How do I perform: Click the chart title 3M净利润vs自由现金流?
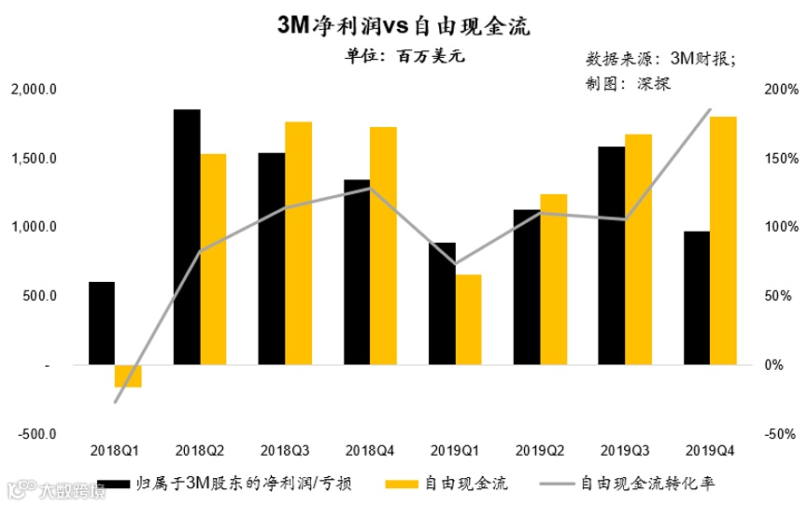click(404, 26)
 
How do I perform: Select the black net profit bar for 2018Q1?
click(102, 323)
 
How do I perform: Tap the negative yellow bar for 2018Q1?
click(128, 375)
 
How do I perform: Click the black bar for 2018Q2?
click(187, 237)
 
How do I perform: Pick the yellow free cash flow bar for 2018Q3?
click(298, 243)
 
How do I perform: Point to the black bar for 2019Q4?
click(697, 298)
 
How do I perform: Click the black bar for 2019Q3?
click(612, 256)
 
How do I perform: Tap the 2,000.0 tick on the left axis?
click(36, 90)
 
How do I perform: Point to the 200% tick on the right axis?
click(780, 90)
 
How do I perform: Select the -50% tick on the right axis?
click(780, 434)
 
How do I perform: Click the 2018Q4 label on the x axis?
click(370, 450)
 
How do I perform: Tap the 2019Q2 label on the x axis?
click(539, 450)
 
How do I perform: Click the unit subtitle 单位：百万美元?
click(404, 55)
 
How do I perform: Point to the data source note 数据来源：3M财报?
click(659, 59)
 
